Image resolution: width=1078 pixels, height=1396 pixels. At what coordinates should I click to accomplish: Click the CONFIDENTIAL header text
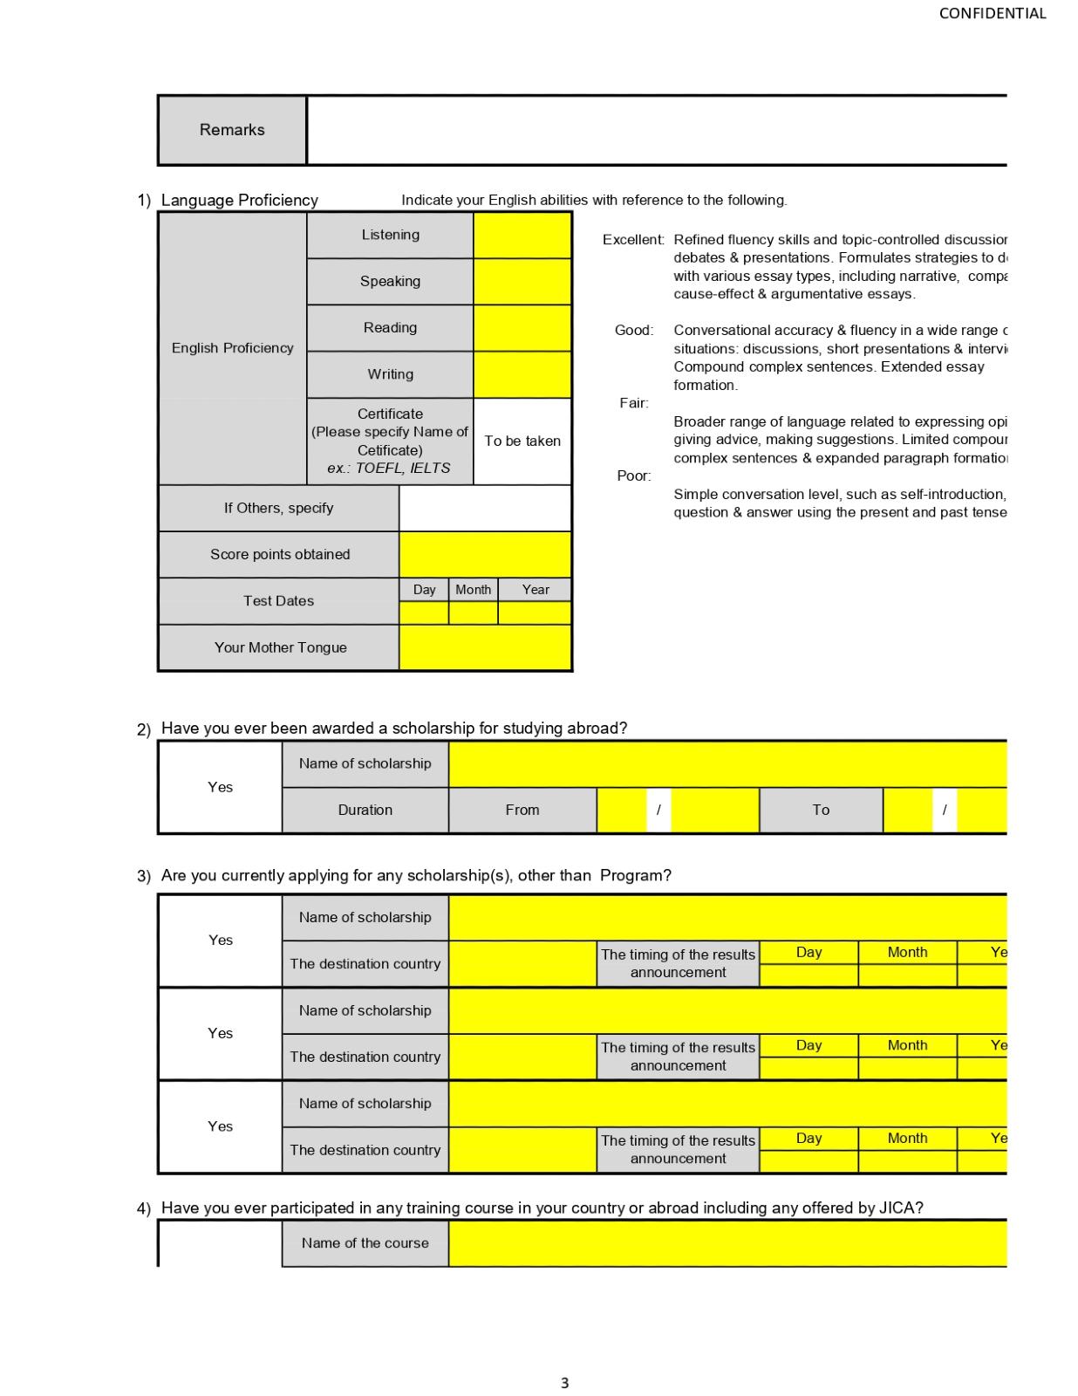pyautogui.click(x=992, y=13)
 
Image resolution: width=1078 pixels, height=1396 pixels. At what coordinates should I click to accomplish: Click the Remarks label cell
pyautogui.click(x=232, y=130)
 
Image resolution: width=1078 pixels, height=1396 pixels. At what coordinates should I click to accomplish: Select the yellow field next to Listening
pyautogui.click(x=522, y=235)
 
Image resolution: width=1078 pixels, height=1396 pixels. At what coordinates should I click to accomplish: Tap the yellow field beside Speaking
pyautogui.click(x=522, y=281)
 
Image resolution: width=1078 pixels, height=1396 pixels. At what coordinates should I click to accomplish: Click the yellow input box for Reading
pyautogui.click(x=522, y=328)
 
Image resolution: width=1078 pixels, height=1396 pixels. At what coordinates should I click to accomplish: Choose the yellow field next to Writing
pyautogui.click(x=522, y=374)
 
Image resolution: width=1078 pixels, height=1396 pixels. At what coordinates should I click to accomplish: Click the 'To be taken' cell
pyautogui.click(x=522, y=441)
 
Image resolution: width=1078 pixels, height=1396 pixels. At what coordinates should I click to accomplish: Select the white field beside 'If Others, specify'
pyautogui.click(x=485, y=508)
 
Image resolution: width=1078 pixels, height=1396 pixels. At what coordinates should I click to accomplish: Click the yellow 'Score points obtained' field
pyautogui.click(x=485, y=554)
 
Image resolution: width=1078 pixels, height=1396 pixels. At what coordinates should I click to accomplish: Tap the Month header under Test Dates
pyautogui.click(x=473, y=590)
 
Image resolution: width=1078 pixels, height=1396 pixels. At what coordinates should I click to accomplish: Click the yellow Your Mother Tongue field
pyautogui.click(x=485, y=647)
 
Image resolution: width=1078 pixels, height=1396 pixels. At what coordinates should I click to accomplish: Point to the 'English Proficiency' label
pyautogui.click(x=232, y=348)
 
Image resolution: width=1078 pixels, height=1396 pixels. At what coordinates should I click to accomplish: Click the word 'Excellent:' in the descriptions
pyautogui.click(x=633, y=240)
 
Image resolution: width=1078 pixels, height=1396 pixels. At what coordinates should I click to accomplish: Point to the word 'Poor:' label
pyautogui.click(x=634, y=476)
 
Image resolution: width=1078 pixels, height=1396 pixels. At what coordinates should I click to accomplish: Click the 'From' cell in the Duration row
pyautogui.click(x=522, y=810)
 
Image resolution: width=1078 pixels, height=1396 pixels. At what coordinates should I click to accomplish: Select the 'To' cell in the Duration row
pyautogui.click(x=821, y=810)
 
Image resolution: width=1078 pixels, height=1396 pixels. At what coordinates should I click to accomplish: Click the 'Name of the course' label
pyautogui.click(x=365, y=1243)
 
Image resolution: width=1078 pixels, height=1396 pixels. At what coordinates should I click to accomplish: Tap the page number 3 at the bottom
pyautogui.click(x=564, y=1383)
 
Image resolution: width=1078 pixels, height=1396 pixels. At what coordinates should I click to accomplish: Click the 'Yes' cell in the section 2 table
pyautogui.click(x=221, y=787)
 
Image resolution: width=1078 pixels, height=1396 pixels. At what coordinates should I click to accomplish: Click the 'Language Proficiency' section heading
pyautogui.click(x=240, y=201)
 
